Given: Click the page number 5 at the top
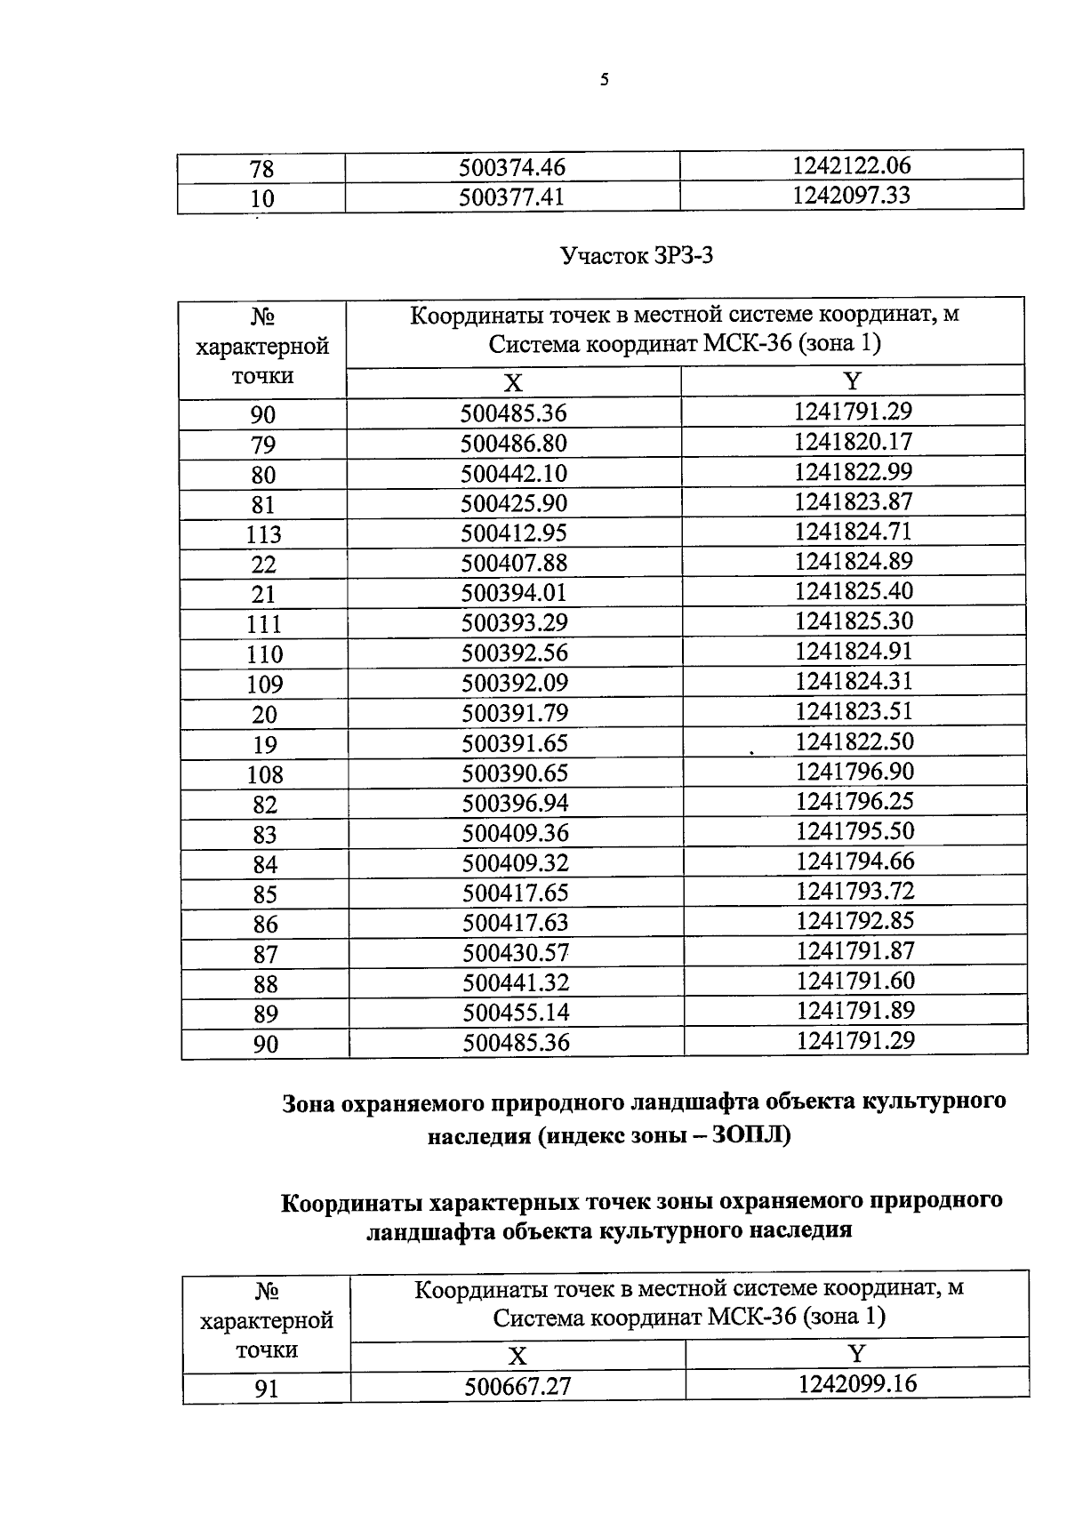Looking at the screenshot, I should (605, 80).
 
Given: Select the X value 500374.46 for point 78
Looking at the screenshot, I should (512, 167).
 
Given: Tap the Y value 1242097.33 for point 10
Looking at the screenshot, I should (851, 195).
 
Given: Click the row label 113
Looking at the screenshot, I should (263, 534).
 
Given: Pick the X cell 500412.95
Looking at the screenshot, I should (513, 533).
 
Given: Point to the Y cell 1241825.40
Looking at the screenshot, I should (853, 591).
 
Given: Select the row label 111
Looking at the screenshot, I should (263, 624).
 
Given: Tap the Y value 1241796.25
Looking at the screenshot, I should (854, 801).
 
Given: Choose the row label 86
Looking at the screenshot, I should (265, 925).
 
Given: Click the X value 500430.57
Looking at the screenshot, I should (515, 952).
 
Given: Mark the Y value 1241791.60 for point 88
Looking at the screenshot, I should (854, 981).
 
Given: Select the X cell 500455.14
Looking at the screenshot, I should (515, 1012).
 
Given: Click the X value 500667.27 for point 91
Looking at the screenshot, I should (517, 1386).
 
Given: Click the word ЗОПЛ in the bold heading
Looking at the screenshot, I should (749, 1135).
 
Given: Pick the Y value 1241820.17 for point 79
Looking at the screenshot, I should (853, 442).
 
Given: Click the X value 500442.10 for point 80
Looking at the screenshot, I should (513, 473).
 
